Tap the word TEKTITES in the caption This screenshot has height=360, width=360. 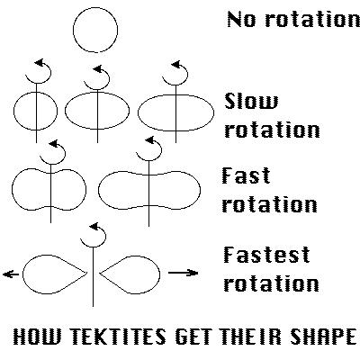tap(119, 336)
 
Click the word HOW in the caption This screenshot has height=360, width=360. tap(37, 336)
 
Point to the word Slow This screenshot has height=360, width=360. tap(251, 101)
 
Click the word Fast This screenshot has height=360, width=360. tap(246, 175)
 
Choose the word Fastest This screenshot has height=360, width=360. tap(266, 255)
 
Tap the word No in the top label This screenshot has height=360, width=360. tap(242, 20)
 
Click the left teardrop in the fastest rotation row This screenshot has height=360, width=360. tap(24, 274)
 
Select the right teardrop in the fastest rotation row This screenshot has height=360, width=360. tap(159, 274)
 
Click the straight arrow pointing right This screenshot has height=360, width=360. tap(183, 273)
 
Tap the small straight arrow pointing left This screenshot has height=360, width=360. tap(11, 274)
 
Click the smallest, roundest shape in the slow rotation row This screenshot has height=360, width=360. tap(13, 111)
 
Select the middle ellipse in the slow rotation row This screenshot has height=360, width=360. tap(66, 111)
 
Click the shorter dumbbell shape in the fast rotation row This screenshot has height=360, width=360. tap(12, 189)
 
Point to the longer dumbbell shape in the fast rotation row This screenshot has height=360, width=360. tap(98, 190)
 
